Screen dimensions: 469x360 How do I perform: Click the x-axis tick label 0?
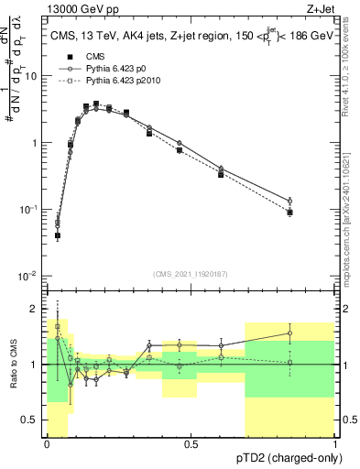coord(47,444)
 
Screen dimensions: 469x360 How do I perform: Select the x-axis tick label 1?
coord(333,444)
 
